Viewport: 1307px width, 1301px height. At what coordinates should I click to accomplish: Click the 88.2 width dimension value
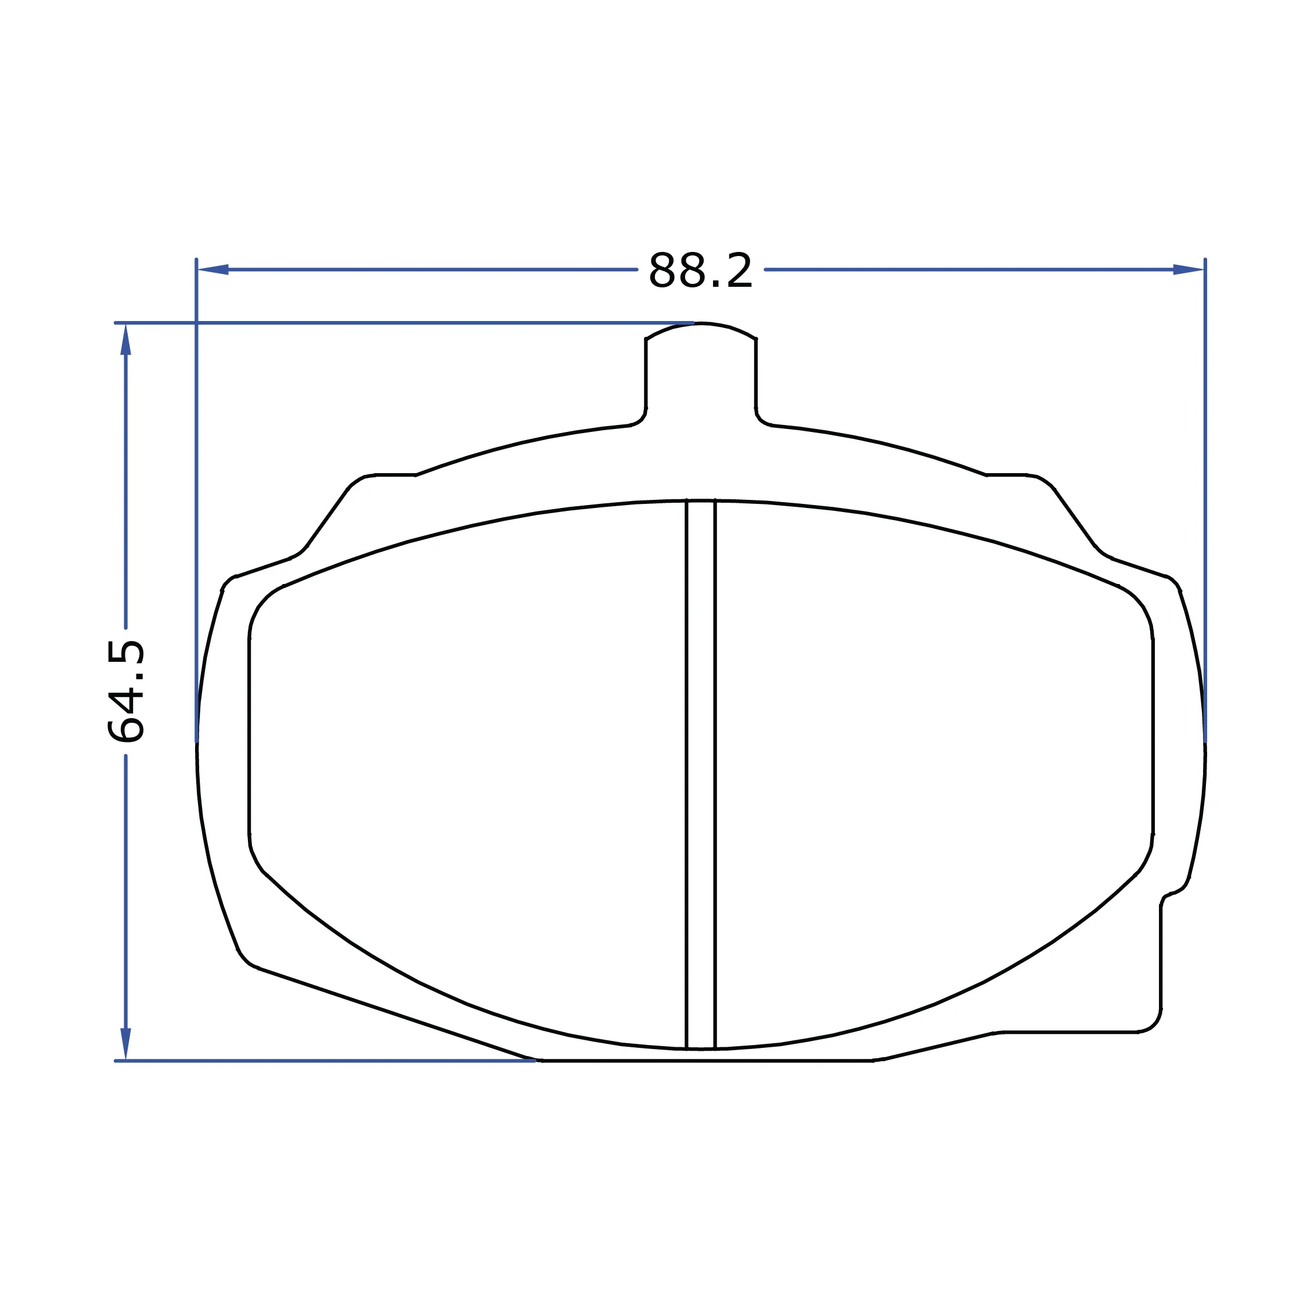700,271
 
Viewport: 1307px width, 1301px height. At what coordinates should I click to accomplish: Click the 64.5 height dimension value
126,691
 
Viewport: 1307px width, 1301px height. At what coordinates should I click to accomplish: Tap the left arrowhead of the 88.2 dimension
213,269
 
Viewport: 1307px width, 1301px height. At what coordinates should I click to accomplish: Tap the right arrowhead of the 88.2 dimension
1189,269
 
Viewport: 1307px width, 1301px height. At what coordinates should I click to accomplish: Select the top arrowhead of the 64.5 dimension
126,339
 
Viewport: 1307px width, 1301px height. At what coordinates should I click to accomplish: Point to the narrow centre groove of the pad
701,774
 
